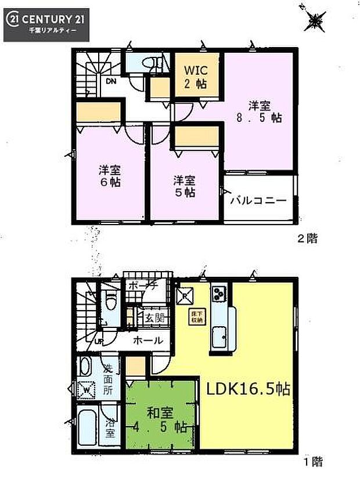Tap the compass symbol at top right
pyautogui.click(x=315, y=22)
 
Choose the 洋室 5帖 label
pyautogui.click(x=183, y=186)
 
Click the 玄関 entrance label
pyautogui.click(x=153, y=318)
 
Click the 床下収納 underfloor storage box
pyautogui.click(x=196, y=316)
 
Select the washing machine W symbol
pyautogui.click(x=87, y=389)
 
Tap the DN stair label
pyautogui.click(x=110, y=81)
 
